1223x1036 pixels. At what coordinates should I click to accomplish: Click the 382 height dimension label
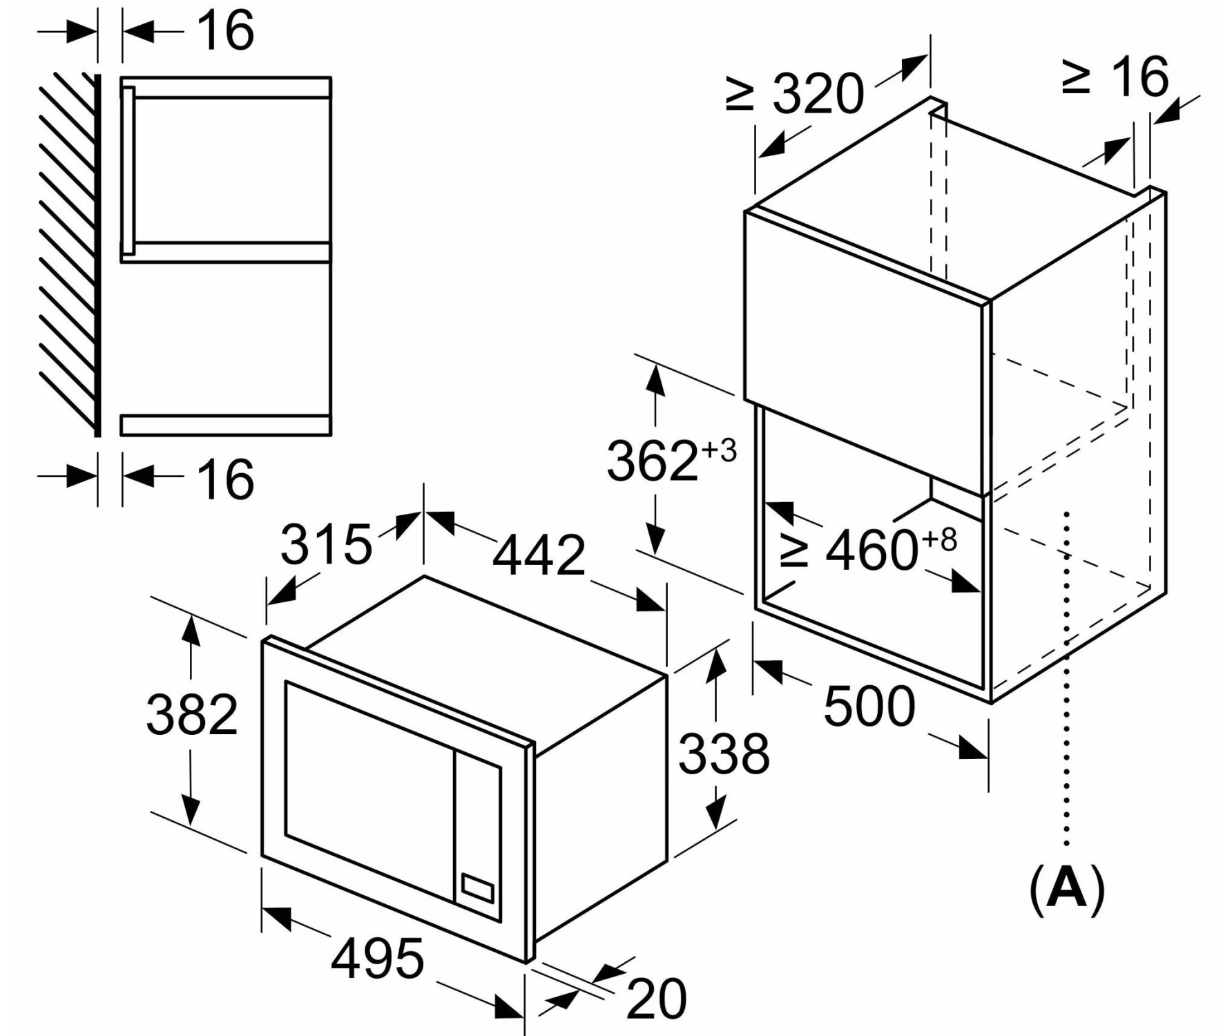(192, 714)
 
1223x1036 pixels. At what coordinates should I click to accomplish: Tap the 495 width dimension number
(377, 959)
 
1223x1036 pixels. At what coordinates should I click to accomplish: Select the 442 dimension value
(539, 555)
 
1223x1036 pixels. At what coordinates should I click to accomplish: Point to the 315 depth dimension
(326, 544)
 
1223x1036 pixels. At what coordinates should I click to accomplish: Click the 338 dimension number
(724, 753)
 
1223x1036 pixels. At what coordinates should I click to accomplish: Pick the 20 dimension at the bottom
(657, 998)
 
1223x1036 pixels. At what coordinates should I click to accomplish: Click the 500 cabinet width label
(869, 706)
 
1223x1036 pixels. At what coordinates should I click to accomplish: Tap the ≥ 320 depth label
(795, 93)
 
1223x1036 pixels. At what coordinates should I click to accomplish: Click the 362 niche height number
(653, 461)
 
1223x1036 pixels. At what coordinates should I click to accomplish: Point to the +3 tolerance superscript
(720, 451)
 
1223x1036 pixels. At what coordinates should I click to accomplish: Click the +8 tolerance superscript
(940, 539)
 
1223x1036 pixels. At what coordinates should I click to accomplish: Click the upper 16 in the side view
(225, 30)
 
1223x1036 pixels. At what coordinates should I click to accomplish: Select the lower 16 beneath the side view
(225, 478)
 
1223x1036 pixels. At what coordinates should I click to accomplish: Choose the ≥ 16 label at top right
(1115, 76)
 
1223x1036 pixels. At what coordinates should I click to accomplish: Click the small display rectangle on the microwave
(477, 888)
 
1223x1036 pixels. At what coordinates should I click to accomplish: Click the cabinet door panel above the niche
(864, 353)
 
